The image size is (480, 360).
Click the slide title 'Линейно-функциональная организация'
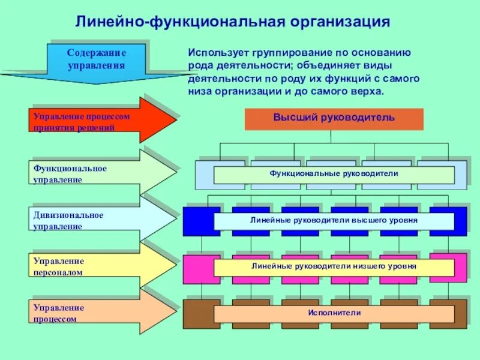coord(232,22)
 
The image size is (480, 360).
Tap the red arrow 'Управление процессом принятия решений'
coord(102,121)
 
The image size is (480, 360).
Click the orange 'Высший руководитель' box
coord(334,118)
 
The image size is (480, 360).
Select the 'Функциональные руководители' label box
coord(334,174)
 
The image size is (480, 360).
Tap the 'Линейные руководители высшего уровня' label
coord(334,221)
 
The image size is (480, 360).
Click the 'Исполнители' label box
coord(334,313)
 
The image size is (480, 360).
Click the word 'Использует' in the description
coord(213,53)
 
